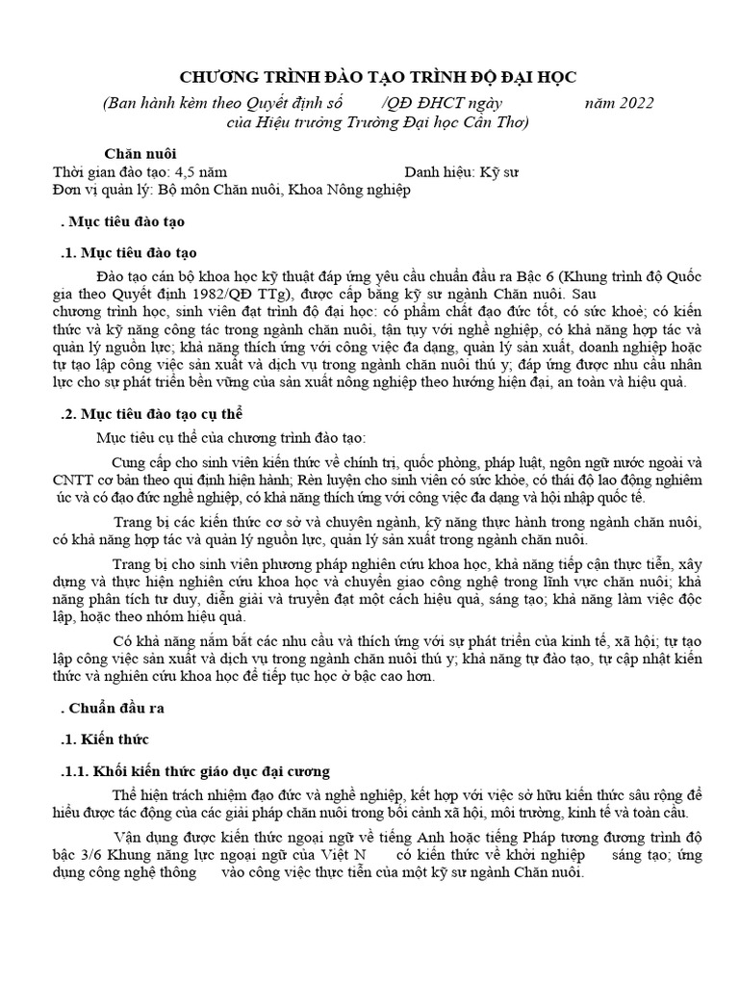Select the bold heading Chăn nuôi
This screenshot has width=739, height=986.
(x=140, y=153)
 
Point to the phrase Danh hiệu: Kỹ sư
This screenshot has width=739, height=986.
(x=462, y=171)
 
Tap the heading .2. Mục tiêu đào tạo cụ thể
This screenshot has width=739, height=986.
(x=153, y=414)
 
